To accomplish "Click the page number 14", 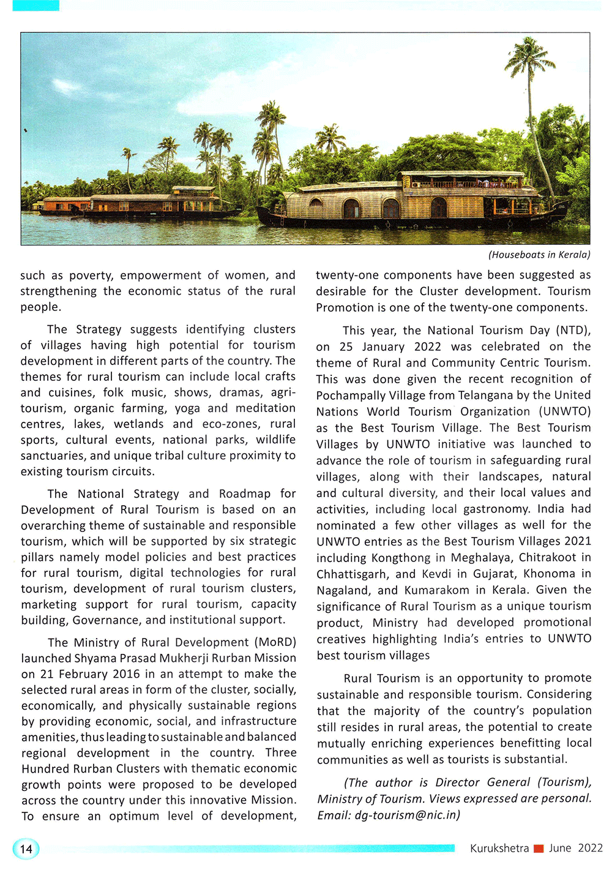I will coord(26,849).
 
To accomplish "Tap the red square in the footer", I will coord(539,848).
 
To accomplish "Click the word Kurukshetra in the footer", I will coord(499,848).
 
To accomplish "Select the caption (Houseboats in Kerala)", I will coord(539,255).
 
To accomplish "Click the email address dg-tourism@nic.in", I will coord(407,815).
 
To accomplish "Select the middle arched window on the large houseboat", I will coord(390,208).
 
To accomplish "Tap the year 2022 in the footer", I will coord(590,848).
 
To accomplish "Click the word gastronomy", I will coord(496,509).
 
